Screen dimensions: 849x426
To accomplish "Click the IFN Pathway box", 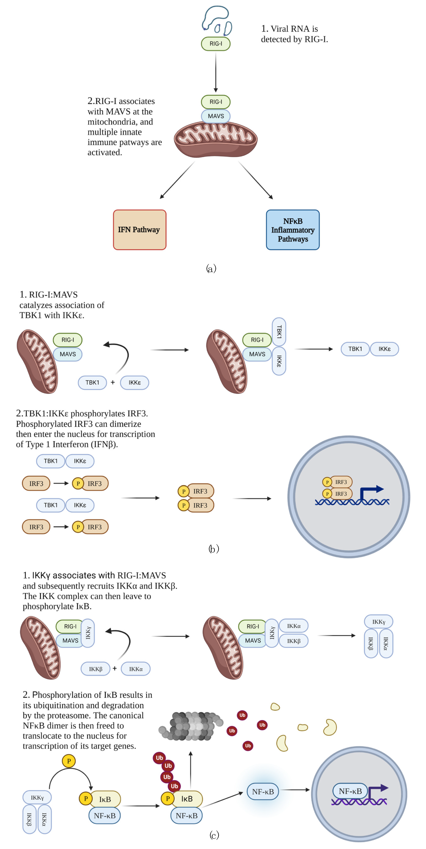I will (140, 230).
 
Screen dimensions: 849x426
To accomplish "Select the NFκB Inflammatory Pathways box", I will (292, 230).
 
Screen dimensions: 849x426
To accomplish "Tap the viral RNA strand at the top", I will (216, 20).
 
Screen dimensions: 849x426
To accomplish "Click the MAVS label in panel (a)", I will (216, 116).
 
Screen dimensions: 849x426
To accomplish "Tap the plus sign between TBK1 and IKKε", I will (113, 382).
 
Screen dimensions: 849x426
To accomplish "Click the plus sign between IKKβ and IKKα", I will (115, 668).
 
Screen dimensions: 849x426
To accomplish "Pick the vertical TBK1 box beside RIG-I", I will (279, 332).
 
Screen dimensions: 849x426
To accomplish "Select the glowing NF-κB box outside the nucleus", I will (263, 791).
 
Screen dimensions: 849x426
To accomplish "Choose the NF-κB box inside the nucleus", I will (350, 791).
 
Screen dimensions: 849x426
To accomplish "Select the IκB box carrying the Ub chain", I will (187, 799).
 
